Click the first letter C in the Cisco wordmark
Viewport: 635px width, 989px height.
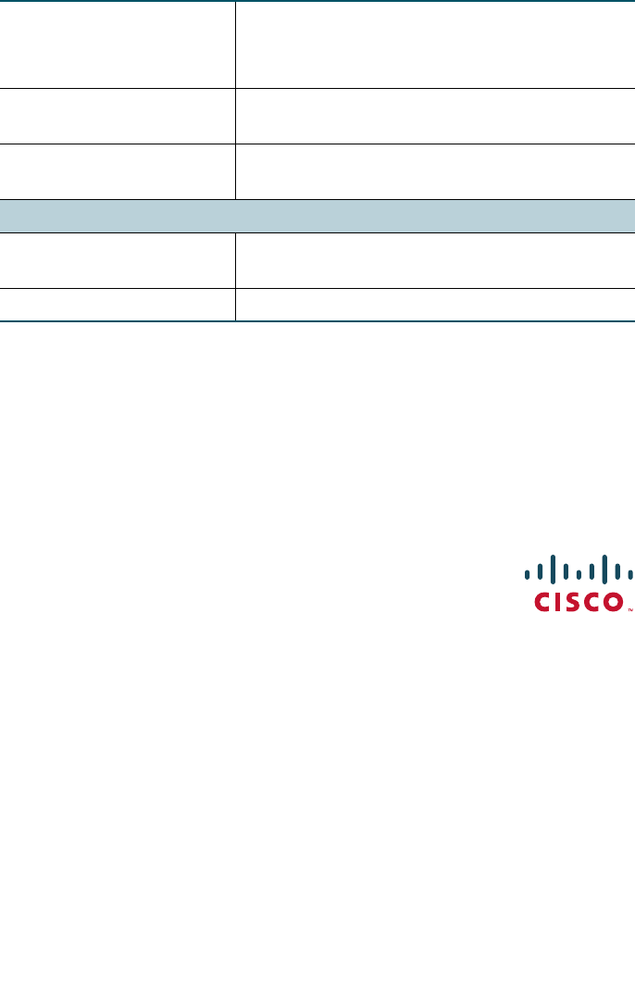(x=542, y=603)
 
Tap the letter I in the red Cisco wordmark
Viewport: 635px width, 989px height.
(x=559, y=603)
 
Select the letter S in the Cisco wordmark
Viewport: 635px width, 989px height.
(x=574, y=603)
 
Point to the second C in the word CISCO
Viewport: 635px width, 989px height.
(x=592, y=603)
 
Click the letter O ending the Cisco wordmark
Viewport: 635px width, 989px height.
(x=614, y=603)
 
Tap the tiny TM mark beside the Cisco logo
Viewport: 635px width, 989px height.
(x=630, y=610)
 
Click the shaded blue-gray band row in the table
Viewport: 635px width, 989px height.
(x=317, y=216)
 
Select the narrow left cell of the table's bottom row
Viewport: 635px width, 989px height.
(x=118, y=305)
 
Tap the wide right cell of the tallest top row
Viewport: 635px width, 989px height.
(x=435, y=44)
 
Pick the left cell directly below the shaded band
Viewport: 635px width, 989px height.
(x=118, y=260)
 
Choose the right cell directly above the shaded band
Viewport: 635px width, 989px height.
(x=435, y=171)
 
